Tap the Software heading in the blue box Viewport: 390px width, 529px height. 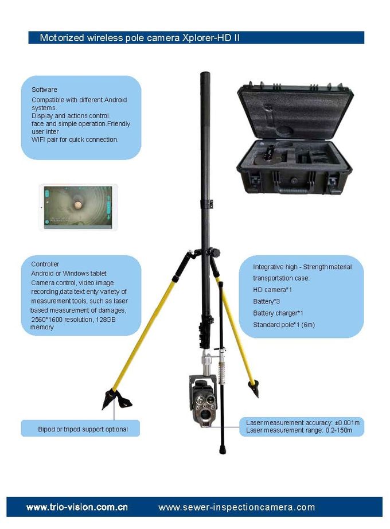[44, 90]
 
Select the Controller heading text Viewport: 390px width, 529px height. [45, 264]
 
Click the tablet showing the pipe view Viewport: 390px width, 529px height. [78, 207]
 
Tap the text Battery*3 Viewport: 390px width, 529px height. [267, 301]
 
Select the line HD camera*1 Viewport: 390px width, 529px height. [272, 290]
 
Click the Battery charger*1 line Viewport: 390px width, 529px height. [278, 313]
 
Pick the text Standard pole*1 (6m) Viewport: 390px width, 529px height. [284, 325]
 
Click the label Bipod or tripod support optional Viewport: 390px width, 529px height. [83, 429]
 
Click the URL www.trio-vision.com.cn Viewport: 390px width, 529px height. [77, 507]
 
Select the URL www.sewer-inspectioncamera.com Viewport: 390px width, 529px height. [236, 507]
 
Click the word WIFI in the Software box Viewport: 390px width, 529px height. [39, 139]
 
